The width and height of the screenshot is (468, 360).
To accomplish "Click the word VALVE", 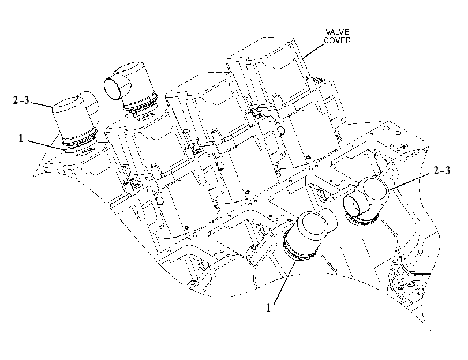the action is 337,32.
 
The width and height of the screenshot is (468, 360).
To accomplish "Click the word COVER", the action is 337,40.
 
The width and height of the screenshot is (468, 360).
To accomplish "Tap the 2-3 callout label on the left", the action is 21,100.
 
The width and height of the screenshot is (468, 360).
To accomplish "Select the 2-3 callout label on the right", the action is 441,170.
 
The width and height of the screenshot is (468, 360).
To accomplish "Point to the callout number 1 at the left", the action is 21,138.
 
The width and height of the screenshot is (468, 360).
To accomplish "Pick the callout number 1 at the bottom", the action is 268,307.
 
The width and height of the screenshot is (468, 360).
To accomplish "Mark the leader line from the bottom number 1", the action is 284,281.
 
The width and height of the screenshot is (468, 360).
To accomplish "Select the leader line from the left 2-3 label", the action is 41,104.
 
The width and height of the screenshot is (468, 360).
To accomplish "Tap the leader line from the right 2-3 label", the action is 410,182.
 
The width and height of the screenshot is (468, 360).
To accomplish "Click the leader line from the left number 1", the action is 47,144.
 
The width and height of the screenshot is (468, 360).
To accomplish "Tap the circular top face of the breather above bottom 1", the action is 312,223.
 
